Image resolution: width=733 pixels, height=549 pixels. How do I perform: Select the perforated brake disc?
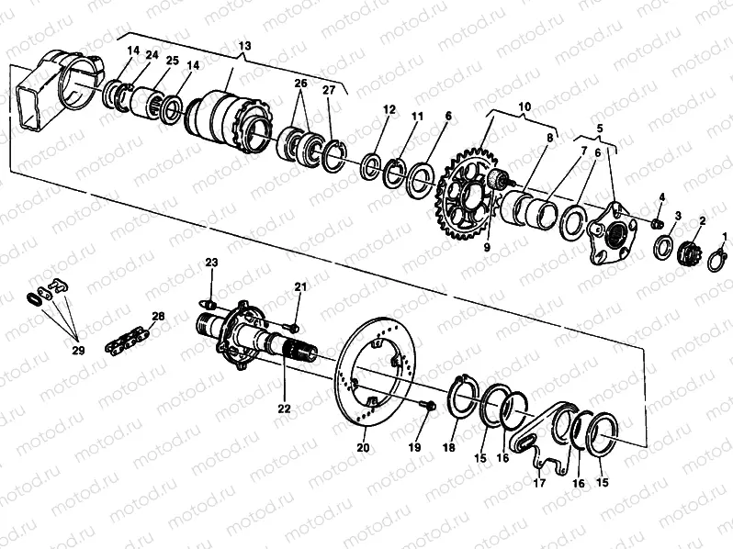376,372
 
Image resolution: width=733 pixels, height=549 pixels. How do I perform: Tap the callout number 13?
244,46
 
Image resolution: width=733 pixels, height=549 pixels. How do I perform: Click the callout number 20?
363,448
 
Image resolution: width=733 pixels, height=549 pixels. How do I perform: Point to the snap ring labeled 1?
718,260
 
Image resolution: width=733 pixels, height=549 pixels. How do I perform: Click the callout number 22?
284,409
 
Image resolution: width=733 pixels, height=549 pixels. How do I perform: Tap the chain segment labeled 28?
127,342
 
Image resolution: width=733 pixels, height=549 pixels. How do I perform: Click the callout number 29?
78,350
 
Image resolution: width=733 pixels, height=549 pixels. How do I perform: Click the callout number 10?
524,106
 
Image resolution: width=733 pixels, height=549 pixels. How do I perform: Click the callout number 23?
211,263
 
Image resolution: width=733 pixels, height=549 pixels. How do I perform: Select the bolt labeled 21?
291,326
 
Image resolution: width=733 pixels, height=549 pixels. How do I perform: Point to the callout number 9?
487,248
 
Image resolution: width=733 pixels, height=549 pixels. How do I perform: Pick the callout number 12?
389,109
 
